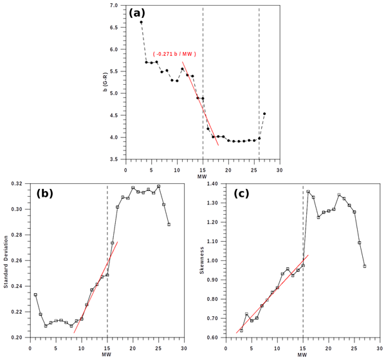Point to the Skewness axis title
(203, 260)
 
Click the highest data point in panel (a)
(141, 22)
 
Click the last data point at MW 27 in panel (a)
(264, 114)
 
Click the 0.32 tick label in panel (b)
(18, 184)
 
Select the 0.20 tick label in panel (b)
(18, 337)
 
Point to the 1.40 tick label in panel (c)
(214, 184)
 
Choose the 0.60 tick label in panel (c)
(214, 337)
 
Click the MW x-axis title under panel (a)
(202, 175)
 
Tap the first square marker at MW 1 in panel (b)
(35, 295)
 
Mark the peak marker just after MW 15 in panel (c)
(308, 192)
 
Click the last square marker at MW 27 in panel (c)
(365, 266)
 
